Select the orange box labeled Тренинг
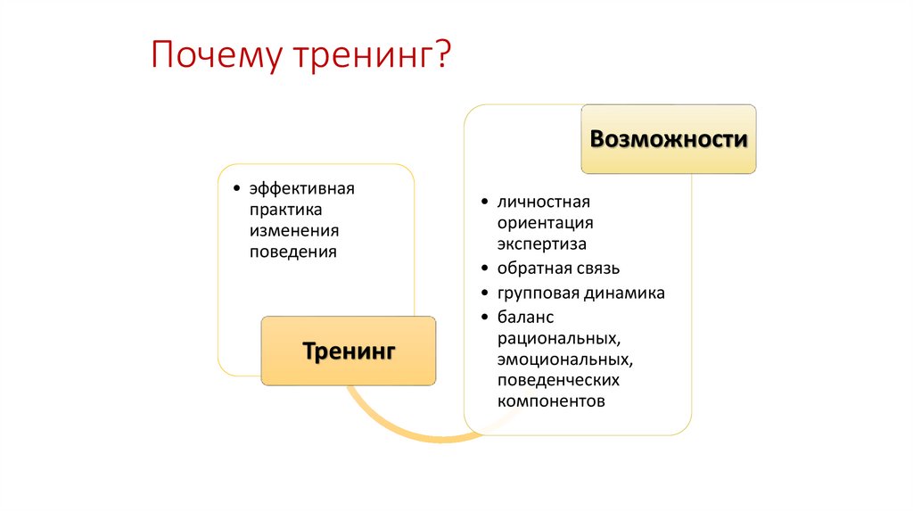[x=349, y=351]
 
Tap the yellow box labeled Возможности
[x=669, y=139]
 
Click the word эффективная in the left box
[x=302, y=188]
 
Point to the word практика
[x=285, y=209]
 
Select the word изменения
[x=294, y=230]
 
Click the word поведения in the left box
[x=293, y=252]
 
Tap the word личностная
[x=545, y=202]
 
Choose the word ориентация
[x=546, y=222]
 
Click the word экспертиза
[x=542, y=244]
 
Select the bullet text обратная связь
[x=559, y=268]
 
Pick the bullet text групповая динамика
[x=581, y=293]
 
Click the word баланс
[x=526, y=317]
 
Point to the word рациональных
[x=559, y=338]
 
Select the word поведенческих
[x=559, y=380]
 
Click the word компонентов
[x=552, y=401]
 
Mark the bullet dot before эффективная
[x=235, y=188]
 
